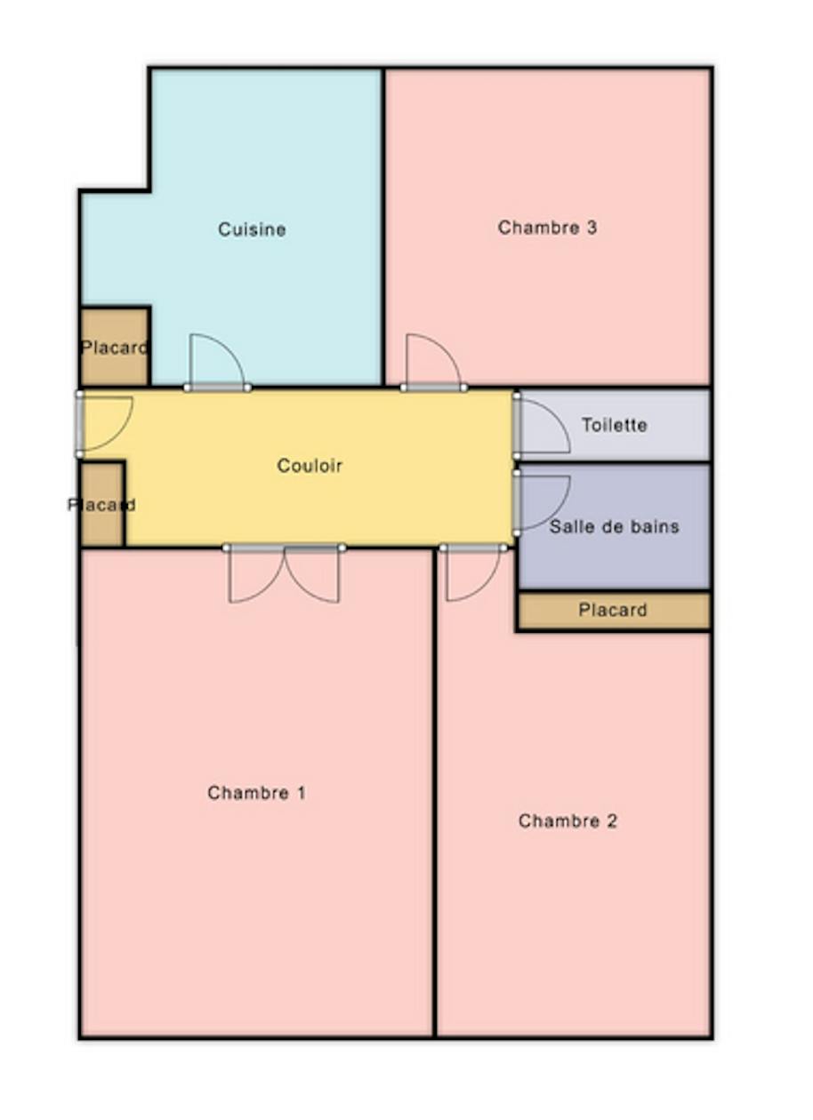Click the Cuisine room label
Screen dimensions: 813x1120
coord(252,229)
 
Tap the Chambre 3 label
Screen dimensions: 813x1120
coord(547,228)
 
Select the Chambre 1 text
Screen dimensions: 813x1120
coord(256,793)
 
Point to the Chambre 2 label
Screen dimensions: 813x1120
coord(567,820)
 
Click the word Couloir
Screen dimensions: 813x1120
coord(310,466)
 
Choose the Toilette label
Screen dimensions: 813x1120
coord(615,425)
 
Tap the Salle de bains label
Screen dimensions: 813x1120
coord(614,526)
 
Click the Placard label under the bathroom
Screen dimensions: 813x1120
coord(613,610)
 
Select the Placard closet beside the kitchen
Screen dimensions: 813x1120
coord(115,347)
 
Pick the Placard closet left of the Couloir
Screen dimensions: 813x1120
coord(102,505)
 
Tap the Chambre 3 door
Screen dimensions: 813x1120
coord(434,361)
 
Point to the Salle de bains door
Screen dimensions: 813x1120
coord(542,501)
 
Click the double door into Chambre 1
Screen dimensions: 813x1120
coord(284,574)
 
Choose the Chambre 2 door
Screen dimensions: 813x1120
coord(472,573)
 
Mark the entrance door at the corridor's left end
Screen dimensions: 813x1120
coord(104,424)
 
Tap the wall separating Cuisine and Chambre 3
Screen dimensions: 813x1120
coord(383,227)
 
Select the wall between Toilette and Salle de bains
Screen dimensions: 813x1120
coord(614,462)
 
